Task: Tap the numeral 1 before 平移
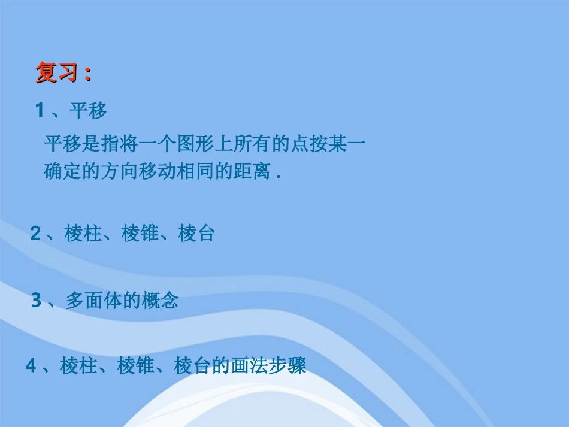point(40,110)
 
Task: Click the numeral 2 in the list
point(36,234)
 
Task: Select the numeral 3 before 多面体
point(37,301)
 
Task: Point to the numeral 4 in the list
point(31,365)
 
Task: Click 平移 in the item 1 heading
point(87,111)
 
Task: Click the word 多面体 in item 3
point(93,301)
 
